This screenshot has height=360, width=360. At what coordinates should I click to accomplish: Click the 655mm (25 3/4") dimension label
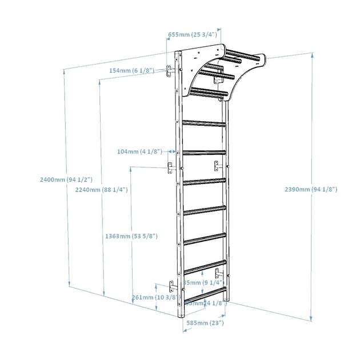pos(193,35)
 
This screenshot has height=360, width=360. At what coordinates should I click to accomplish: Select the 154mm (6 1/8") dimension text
pos(132,71)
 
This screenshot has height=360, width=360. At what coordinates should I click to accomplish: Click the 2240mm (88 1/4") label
pos(101,190)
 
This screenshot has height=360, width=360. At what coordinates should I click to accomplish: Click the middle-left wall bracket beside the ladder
pos(170,168)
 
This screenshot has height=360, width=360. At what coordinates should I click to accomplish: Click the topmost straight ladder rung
pos(203,122)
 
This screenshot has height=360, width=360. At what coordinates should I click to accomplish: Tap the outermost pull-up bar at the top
pos(241,56)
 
